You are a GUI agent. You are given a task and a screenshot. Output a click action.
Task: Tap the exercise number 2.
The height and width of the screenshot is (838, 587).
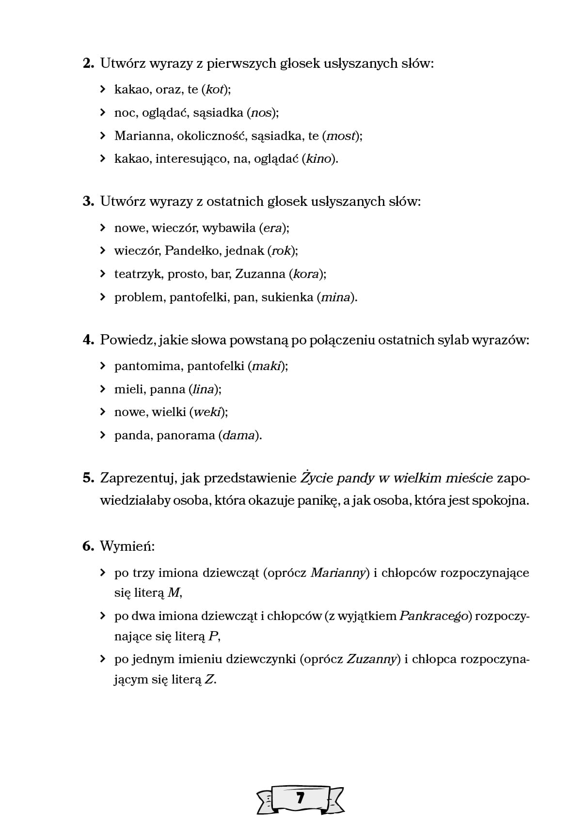tap(88, 63)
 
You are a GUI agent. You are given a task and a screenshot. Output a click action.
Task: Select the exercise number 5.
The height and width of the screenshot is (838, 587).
tap(88, 478)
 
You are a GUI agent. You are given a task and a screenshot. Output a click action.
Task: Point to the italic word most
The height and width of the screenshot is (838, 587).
tap(341, 136)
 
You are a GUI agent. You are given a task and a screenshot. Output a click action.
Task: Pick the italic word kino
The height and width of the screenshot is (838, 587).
tap(318, 159)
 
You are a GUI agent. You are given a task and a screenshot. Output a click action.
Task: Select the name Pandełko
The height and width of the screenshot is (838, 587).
tap(191, 251)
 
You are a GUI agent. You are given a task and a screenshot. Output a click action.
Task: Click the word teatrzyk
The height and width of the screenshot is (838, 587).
tap(138, 274)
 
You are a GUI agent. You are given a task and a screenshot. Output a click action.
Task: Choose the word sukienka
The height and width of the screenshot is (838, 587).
tap(287, 297)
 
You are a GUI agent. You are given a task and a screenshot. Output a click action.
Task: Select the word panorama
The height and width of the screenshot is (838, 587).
tap(185, 435)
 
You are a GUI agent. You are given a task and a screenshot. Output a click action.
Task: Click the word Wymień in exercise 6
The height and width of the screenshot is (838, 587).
tap(127, 547)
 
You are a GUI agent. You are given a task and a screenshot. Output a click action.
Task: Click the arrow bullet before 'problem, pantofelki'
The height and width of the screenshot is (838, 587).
tap(102, 297)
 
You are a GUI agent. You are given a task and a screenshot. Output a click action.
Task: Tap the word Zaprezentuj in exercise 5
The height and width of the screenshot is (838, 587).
tap(137, 479)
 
